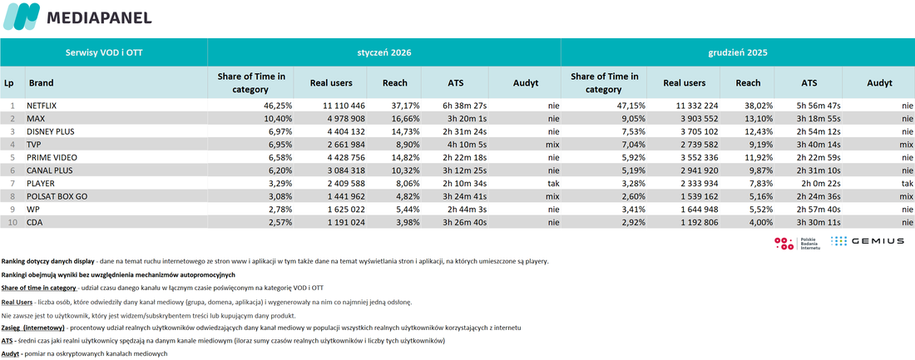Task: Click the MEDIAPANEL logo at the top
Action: pyautogui.click(x=77, y=17)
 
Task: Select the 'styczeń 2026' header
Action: pyautogui.click(x=384, y=52)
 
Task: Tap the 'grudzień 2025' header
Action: pyautogui.click(x=738, y=52)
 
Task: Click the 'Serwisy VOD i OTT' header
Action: pyautogui.click(x=104, y=52)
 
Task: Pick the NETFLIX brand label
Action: pyautogui.click(x=42, y=106)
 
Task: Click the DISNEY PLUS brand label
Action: pyautogui.click(x=50, y=132)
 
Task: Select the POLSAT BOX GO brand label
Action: pyautogui.click(x=57, y=196)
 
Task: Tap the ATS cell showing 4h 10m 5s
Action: pyautogui.click(x=464, y=145)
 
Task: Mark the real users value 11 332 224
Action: pyautogui.click(x=695, y=106)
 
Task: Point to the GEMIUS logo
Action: pyautogui.click(x=867, y=240)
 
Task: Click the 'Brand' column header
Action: pyautogui.click(x=41, y=83)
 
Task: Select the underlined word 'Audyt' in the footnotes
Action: pyautogui.click(x=11, y=353)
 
